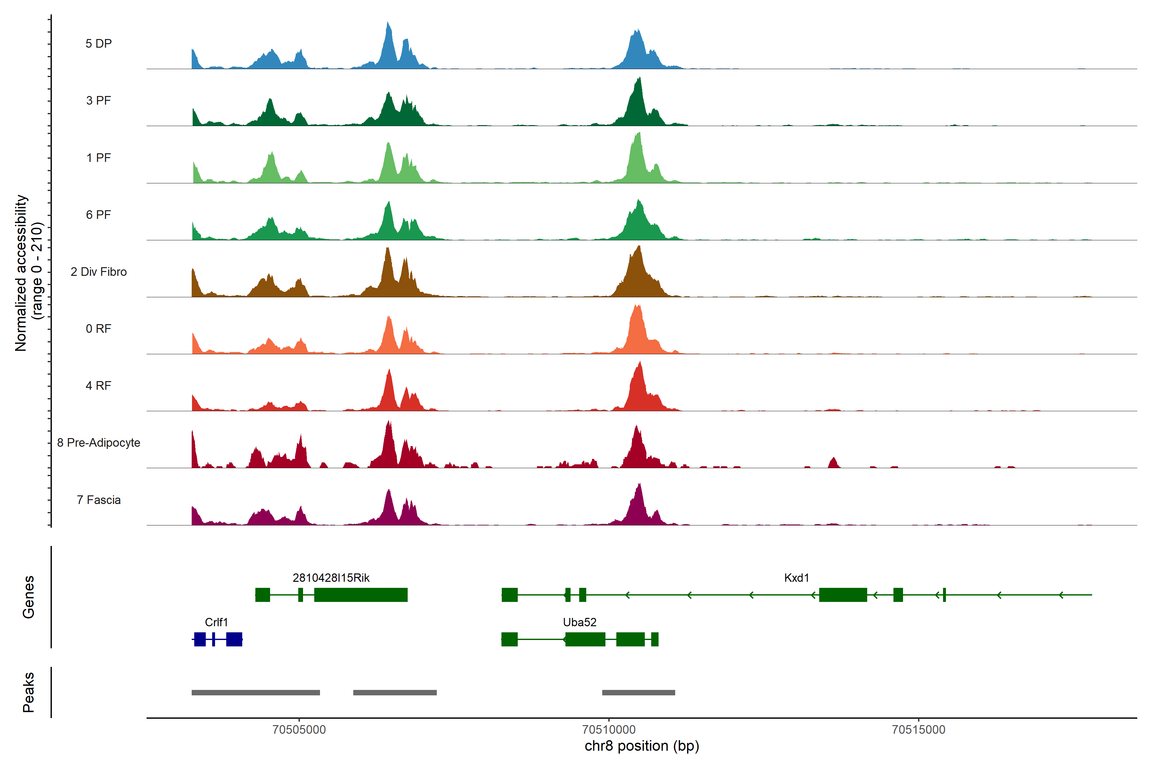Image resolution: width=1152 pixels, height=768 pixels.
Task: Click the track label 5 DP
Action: click(99, 44)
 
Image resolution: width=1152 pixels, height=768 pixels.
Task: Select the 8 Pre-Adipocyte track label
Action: click(99, 443)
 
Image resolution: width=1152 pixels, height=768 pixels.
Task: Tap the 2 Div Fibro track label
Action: click(99, 272)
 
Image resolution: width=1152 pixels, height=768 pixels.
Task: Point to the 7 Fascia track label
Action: click(99, 500)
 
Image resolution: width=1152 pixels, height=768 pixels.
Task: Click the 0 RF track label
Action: click(99, 329)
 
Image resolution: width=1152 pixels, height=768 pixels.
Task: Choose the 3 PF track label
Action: click(99, 100)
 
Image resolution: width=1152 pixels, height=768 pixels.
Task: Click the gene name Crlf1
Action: click(216, 622)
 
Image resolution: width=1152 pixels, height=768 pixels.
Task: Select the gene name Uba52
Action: click(580, 622)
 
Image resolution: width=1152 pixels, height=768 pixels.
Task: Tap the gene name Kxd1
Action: click(796, 578)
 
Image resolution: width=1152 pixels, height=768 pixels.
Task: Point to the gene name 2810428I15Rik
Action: click(331, 578)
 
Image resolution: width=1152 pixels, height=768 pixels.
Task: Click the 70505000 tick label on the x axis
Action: click(299, 729)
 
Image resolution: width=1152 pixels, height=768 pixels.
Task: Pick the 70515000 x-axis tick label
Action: click(918, 729)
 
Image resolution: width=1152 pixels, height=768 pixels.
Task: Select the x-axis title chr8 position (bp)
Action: click(642, 746)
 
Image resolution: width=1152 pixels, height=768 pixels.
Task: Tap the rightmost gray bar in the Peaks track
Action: click(638, 692)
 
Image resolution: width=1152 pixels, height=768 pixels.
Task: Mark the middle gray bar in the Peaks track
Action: click(395, 692)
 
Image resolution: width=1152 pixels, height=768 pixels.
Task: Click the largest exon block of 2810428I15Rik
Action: click(361, 595)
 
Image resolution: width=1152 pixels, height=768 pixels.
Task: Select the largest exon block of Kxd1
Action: click(843, 595)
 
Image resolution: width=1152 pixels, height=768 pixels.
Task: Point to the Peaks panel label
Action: click(28, 692)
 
